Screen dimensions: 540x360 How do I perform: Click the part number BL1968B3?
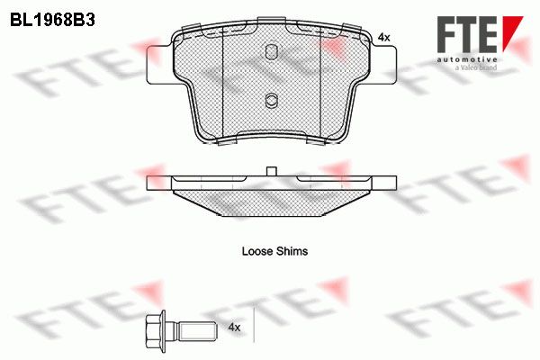click(52, 21)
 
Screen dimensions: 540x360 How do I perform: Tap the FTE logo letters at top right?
click(467, 34)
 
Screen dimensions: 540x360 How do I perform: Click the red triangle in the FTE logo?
click(512, 33)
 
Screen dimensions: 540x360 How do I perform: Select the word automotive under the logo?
click(467, 60)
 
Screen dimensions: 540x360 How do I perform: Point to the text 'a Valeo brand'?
click(475, 67)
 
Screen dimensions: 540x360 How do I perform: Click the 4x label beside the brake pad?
click(383, 37)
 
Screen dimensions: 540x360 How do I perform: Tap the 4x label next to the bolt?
click(234, 327)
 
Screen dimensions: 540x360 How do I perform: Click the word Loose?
click(257, 251)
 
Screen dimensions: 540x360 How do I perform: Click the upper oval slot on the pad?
click(272, 51)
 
